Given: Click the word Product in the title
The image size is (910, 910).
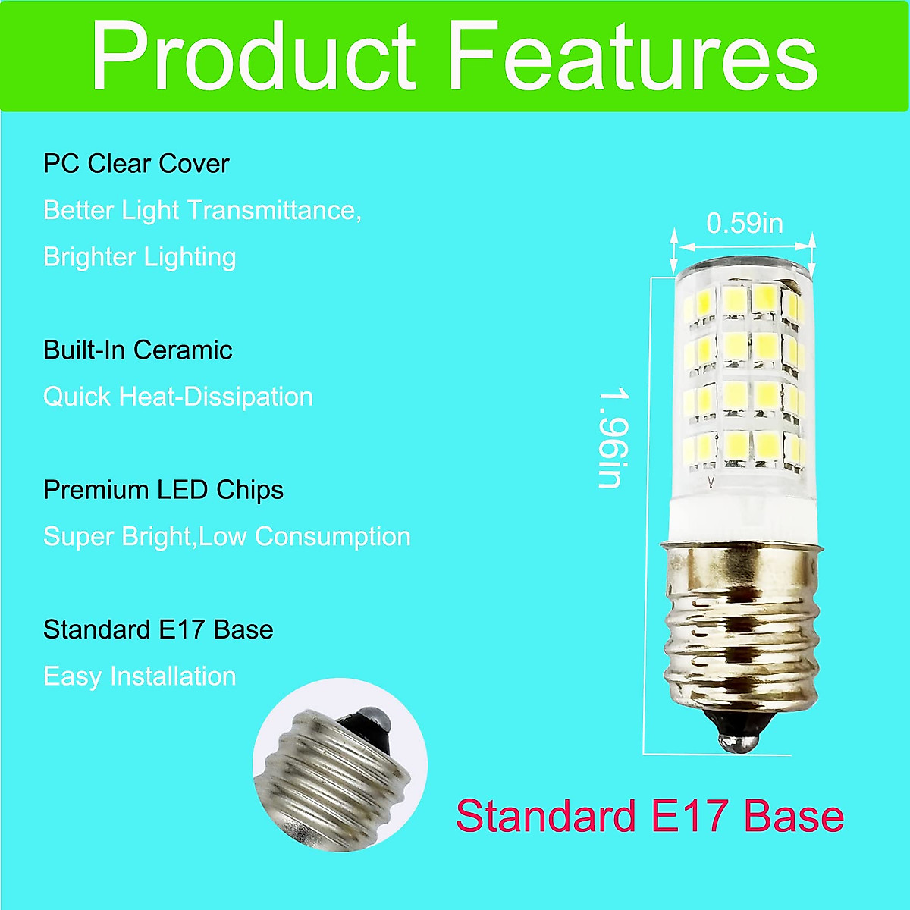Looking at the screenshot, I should click(253, 58).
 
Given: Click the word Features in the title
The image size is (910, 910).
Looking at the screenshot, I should click(634, 58).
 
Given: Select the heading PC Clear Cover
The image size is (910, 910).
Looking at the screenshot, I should click(136, 164).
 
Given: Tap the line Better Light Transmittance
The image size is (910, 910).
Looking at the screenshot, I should click(202, 210).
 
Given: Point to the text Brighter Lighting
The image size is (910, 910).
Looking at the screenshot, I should click(140, 257).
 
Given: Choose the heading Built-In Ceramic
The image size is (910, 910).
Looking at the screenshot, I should click(138, 350).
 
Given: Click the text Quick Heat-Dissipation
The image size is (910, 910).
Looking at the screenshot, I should click(178, 397).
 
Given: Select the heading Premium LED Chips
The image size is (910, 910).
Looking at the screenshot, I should click(163, 490).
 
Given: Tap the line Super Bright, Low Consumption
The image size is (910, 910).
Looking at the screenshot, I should click(227, 537).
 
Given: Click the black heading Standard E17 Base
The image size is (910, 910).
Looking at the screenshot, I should click(158, 630).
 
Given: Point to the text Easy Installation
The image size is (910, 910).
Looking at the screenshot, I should click(140, 676).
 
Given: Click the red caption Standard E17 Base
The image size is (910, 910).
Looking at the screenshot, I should click(650, 817).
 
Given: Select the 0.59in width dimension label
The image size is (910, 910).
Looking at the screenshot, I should click(744, 223).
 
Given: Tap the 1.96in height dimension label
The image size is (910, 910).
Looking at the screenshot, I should click(610, 438).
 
